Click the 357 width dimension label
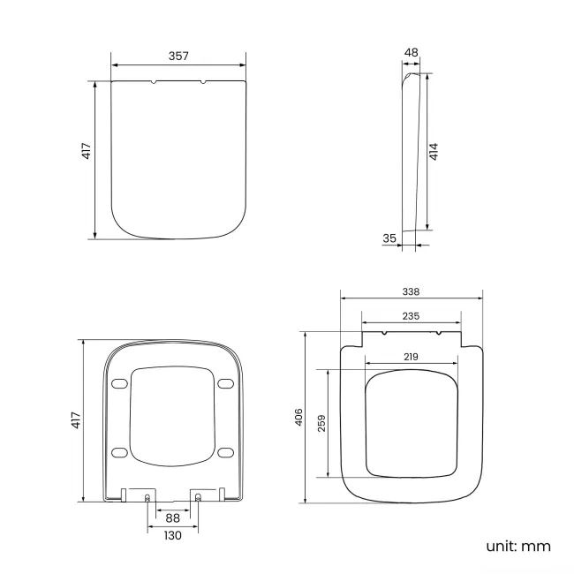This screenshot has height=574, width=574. point(178,56)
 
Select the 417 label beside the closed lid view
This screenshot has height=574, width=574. point(86,151)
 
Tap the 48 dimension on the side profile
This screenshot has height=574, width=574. point(411,53)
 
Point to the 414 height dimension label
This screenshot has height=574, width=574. point(434,151)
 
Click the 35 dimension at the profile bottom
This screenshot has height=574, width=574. point(389,238)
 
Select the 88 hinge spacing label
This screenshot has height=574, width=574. point(172,517)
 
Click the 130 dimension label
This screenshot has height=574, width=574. point(172,535)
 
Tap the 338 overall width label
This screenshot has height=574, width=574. point(411,291)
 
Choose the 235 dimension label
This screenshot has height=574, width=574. point(411,315)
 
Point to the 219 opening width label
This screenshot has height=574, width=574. point(411,356)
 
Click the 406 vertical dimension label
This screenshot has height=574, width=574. point(298,417)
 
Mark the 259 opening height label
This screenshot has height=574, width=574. point(322,424)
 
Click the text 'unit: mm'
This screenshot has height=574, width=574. point(517,546)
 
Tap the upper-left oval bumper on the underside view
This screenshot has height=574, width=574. point(120,382)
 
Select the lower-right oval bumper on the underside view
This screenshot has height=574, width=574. point(225,452)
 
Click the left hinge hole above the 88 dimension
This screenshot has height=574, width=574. point(147,498)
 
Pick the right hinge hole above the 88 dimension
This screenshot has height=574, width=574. point(197,498)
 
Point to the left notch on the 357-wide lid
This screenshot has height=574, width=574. point(155,84)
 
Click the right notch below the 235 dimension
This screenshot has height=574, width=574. point(438,335)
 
